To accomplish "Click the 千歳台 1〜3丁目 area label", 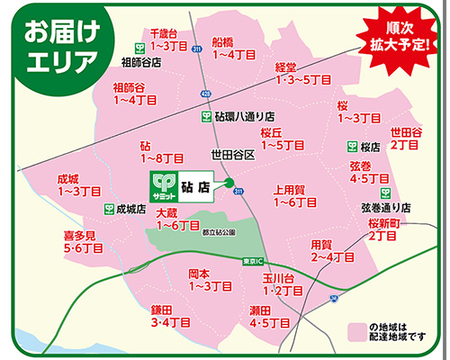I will tap(166, 39).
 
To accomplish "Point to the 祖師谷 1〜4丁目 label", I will tap(131, 93).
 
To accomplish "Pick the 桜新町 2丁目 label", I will tap(382, 229).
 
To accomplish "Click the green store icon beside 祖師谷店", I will tap(141, 48).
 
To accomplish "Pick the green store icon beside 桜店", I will tap(352, 146).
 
